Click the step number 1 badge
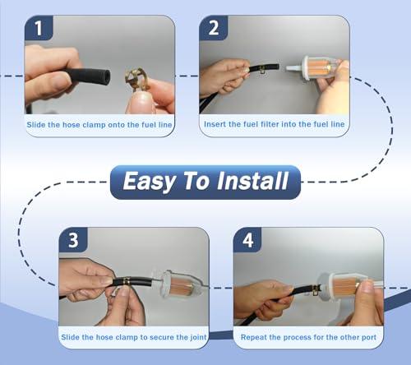(39, 28)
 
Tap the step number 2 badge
(214, 28)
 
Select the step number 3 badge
(73, 240)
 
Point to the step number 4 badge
(247, 240)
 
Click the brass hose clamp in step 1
(136, 79)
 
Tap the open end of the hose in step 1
(107, 76)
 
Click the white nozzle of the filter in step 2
(294, 68)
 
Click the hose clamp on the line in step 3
(126, 280)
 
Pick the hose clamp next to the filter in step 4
(316, 290)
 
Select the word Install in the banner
(252, 181)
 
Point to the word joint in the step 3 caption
(197, 337)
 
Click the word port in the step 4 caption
(369, 338)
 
